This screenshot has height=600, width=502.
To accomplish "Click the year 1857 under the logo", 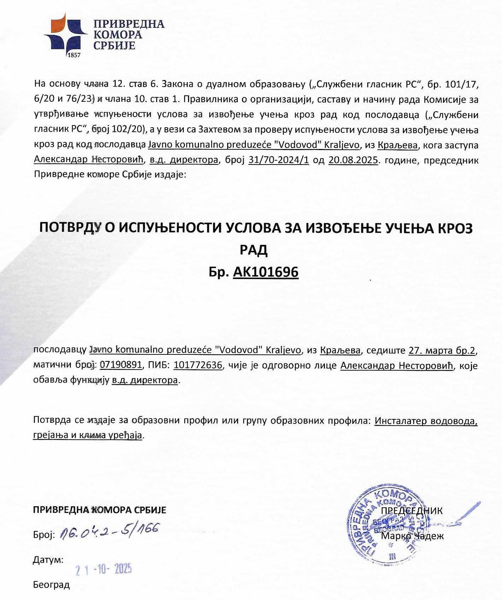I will click(73, 55).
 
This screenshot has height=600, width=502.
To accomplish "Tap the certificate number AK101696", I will click(266, 272).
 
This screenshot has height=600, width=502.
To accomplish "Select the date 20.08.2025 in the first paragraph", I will click(353, 160).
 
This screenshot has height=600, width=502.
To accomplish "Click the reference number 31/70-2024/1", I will click(279, 160).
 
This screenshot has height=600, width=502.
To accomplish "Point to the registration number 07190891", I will click(121, 365).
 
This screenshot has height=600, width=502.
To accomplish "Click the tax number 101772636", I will click(198, 365).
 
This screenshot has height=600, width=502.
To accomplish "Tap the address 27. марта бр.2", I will click(442, 350).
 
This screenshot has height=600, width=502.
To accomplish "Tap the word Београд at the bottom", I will click(52, 585).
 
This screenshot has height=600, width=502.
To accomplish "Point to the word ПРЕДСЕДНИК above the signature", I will click(412, 511).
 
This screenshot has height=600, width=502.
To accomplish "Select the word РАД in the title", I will click(254, 250).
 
